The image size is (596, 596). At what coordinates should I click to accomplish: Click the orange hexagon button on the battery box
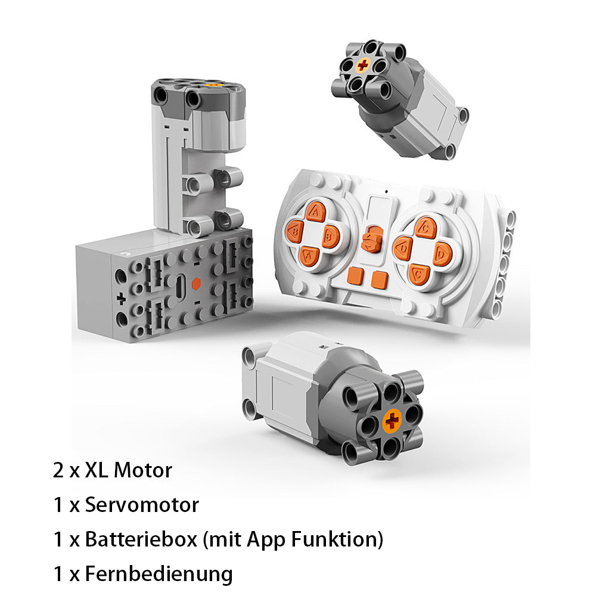click(196, 283)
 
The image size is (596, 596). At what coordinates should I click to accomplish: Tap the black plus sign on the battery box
click(121, 299)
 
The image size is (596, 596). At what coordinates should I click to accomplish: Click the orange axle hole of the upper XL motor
click(362, 65)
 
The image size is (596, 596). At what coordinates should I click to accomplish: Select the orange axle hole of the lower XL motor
click(392, 421)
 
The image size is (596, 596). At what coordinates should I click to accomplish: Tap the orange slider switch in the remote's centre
click(372, 239)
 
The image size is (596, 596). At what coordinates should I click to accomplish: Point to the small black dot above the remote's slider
click(387, 191)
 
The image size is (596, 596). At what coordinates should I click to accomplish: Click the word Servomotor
click(142, 505)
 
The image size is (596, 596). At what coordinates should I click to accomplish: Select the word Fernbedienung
click(159, 573)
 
